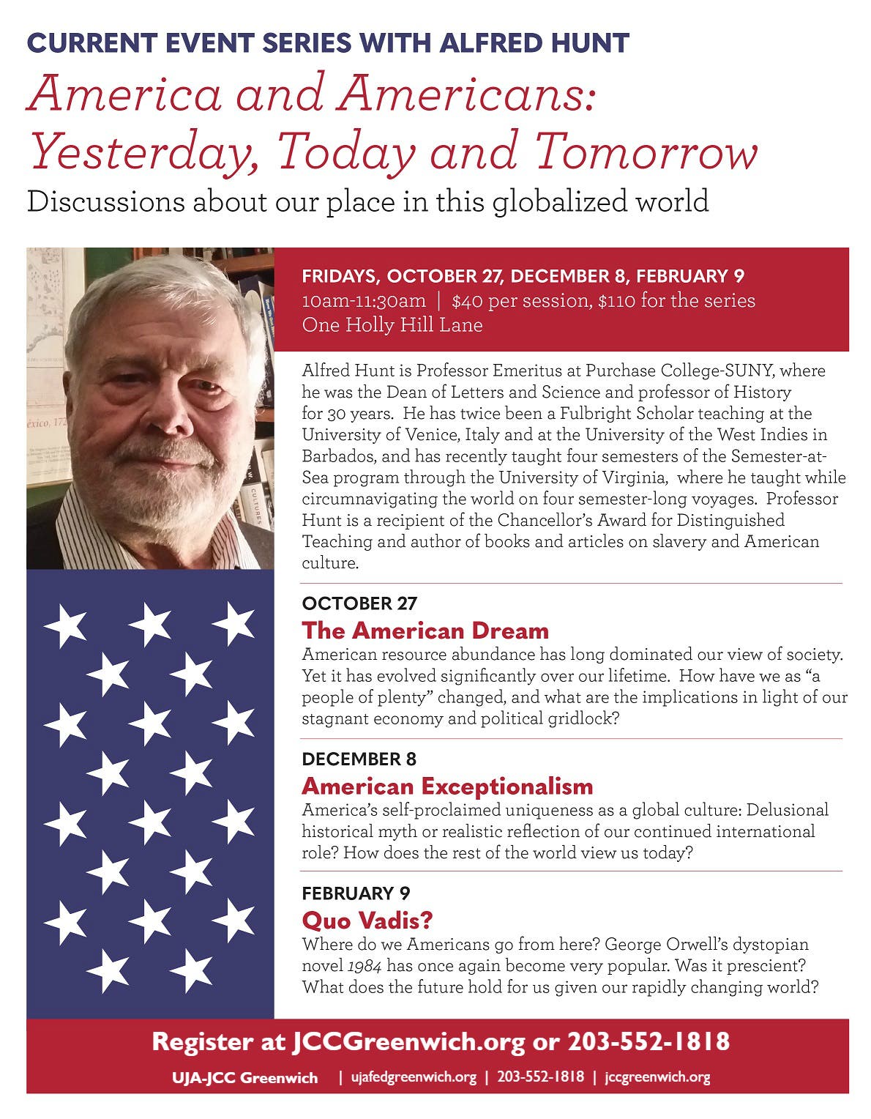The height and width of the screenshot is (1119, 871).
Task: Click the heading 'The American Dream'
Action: point(425,631)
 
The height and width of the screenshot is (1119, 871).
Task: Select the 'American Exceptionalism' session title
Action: point(447,787)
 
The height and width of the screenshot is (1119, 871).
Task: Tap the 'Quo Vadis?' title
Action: point(367,920)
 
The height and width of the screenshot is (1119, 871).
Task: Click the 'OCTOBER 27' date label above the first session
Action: point(359,603)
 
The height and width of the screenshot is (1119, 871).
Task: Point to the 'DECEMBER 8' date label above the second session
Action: point(359,759)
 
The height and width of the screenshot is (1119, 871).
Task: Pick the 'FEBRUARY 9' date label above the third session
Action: point(356,893)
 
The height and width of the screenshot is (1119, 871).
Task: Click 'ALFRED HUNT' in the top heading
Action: point(534,43)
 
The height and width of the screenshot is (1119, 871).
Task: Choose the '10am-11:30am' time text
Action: point(364,301)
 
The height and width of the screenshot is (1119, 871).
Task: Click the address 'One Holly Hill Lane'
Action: point(392,325)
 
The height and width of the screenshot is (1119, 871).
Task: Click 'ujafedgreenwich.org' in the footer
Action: point(414,1077)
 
